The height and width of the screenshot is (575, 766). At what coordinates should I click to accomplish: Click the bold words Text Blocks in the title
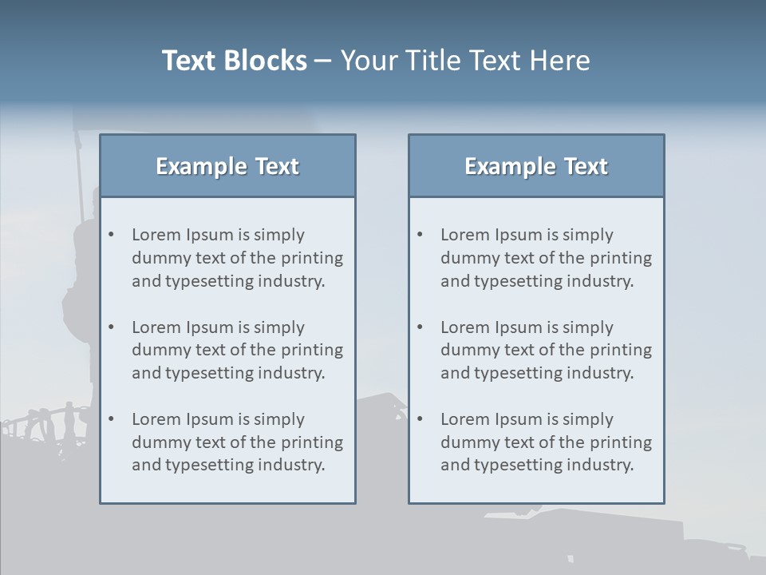tap(234, 61)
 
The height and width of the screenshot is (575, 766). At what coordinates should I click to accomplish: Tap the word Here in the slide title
tap(561, 61)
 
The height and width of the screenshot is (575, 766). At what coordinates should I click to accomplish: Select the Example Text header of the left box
tap(227, 166)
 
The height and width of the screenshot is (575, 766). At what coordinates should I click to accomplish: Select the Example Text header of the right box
tap(536, 166)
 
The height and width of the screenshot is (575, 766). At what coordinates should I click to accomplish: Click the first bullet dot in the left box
tap(112, 235)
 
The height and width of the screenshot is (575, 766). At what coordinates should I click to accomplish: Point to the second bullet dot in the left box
tap(112, 327)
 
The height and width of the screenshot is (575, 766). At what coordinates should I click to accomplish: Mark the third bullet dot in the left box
tap(112, 419)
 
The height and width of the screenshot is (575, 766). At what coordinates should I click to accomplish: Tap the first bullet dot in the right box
tap(421, 235)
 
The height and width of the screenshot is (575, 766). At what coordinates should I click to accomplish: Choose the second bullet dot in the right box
tap(421, 327)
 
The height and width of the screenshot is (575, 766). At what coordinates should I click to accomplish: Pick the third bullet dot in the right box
tap(421, 419)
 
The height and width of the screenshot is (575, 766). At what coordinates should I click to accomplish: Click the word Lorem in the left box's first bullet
tap(156, 235)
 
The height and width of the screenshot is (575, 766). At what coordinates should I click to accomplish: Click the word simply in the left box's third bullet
tap(279, 419)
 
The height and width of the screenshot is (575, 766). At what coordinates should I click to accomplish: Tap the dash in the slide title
tap(323, 61)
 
